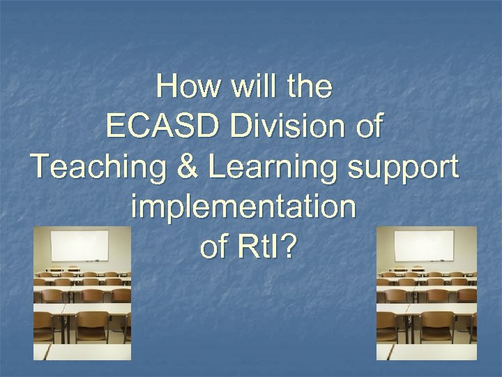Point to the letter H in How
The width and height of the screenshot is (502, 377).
click(167, 88)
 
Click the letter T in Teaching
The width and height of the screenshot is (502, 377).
click(41, 168)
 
